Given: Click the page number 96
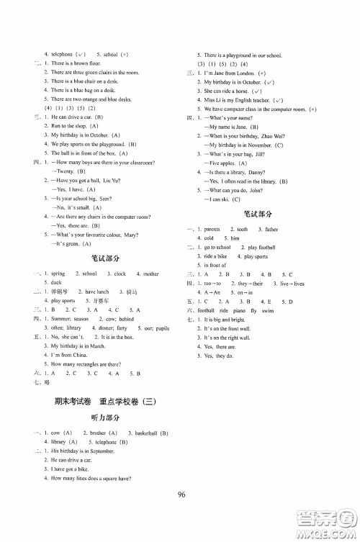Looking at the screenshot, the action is (180, 512).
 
